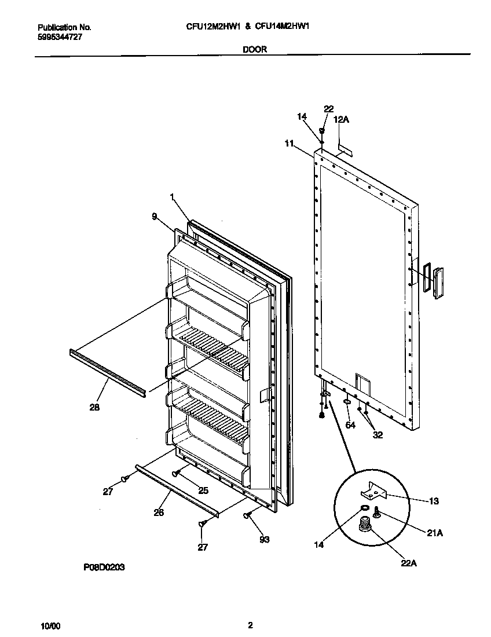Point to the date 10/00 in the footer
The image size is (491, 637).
[50, 626]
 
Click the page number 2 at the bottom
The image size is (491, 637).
[250, 625]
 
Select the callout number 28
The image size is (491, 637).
[95, 408]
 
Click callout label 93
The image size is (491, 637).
[264, 540]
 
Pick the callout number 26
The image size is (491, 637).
[159, 512]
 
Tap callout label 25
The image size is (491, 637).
[203, 490]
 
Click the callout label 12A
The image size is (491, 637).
[342, 119]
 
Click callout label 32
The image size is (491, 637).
[378, 435]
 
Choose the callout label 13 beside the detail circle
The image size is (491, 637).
[434, 501]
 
